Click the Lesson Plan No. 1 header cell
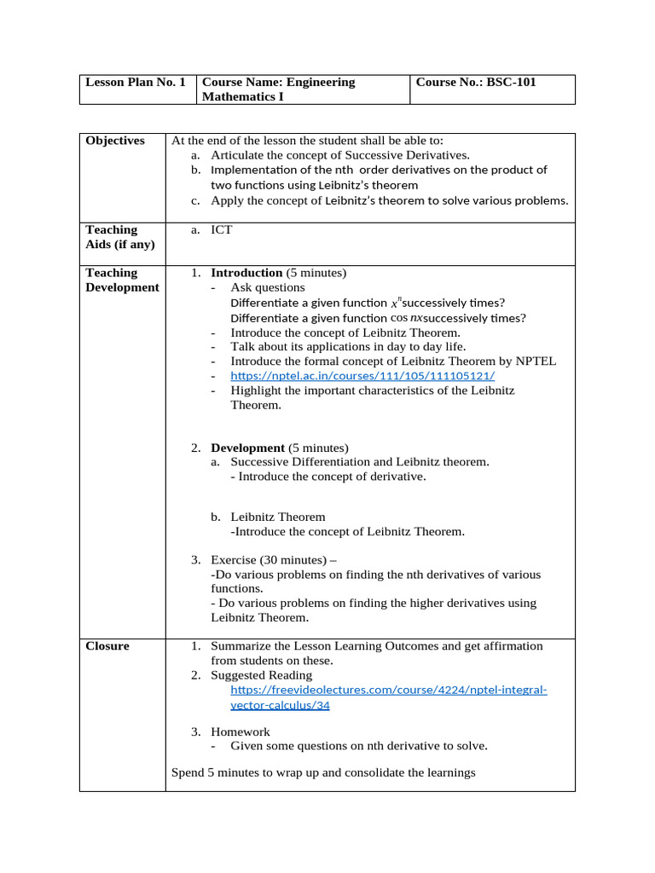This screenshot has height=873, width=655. coord(136,83)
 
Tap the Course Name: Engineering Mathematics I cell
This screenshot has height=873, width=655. coord(278,90)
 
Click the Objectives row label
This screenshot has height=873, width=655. coord(115,141)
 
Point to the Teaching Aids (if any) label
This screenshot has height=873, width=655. coord(120,237)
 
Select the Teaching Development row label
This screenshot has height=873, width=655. coord(122,280)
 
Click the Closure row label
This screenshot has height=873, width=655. coord(107,646)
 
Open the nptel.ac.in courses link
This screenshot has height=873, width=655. coord(362,376)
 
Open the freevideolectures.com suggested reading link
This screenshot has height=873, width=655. coord(388,697)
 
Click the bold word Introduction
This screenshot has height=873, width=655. coord(246,273)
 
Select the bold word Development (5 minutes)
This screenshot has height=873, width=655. coord(280,448)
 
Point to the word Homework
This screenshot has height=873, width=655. coord(240,732)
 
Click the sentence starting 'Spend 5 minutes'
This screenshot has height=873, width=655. coord(322,773)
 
